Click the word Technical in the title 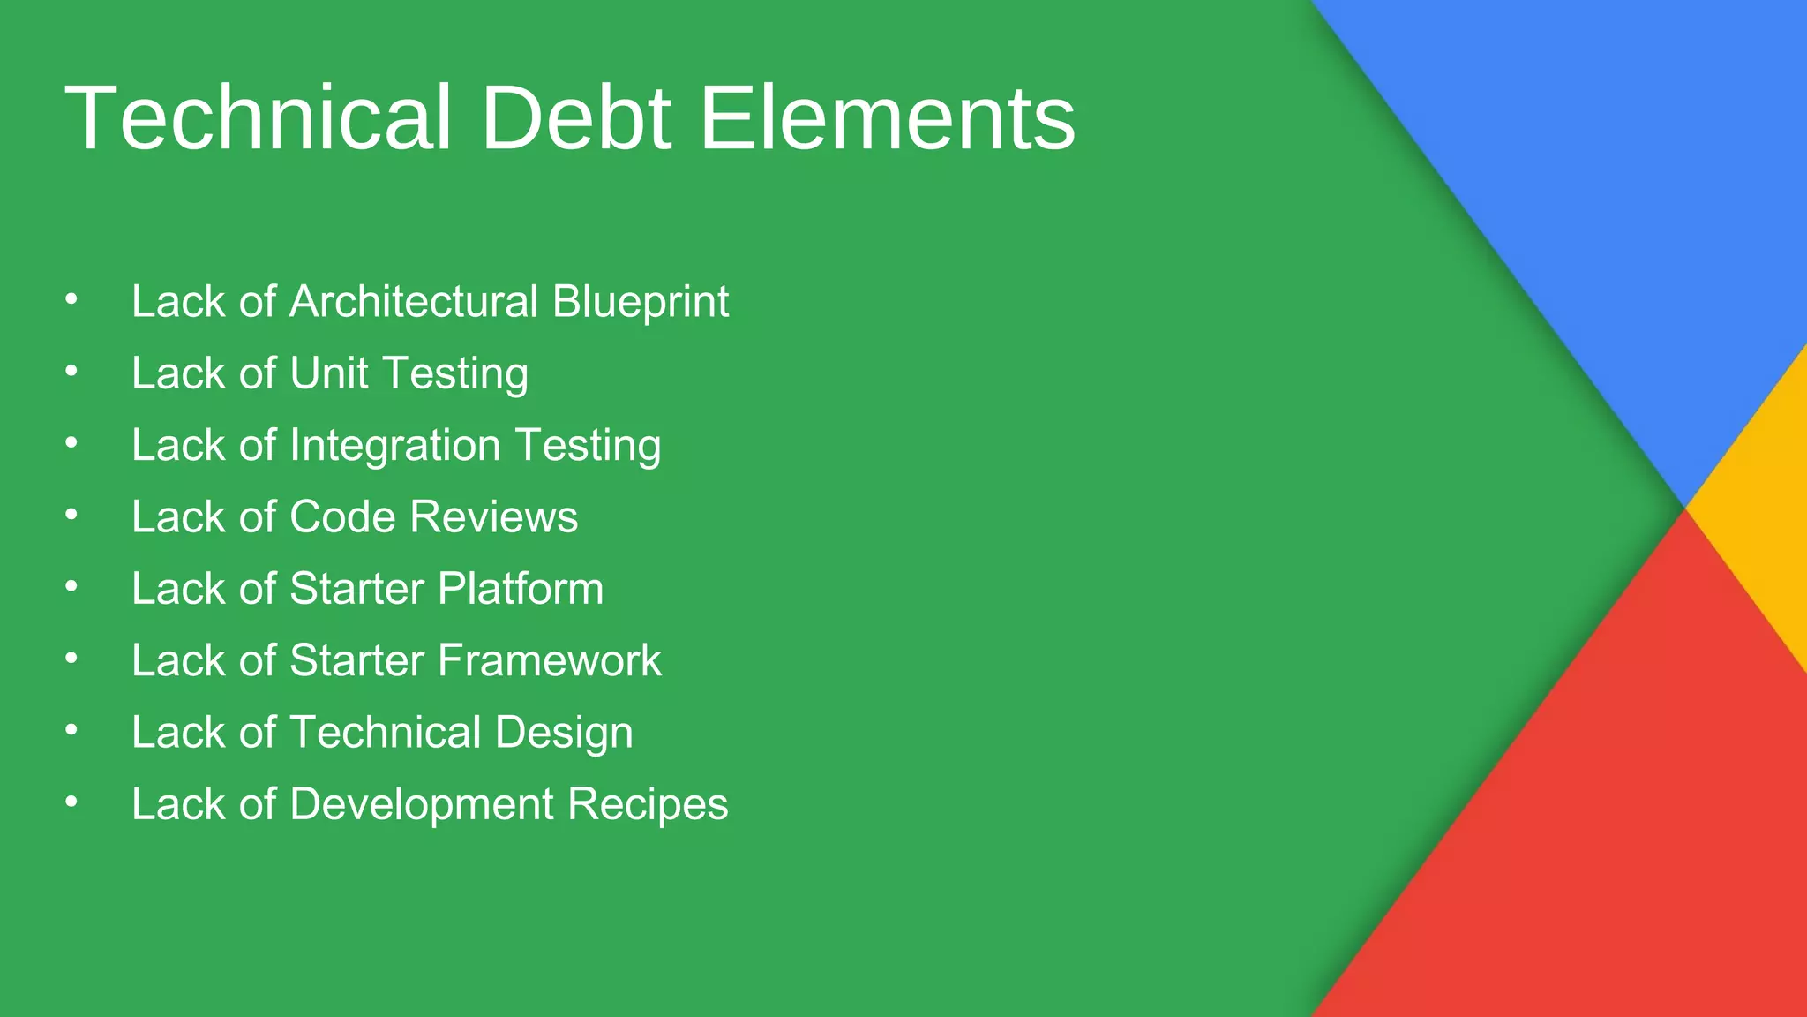(258, 118)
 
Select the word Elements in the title (887, 118)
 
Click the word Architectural (414, 302)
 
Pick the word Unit (328, 373)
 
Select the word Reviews (494, 517)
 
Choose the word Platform (521, 589)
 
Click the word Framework (549, 660)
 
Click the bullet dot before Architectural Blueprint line (71, 300)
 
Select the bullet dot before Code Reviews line (71, 516)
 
